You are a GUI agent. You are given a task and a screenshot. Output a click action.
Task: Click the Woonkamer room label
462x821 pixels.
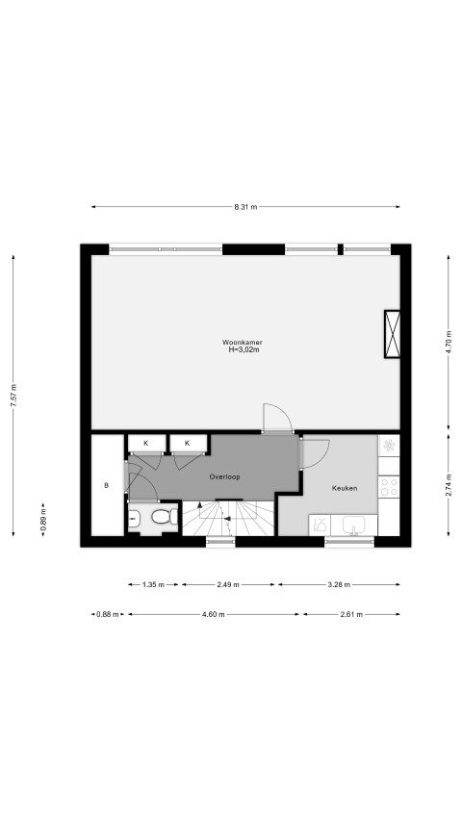[242, 343]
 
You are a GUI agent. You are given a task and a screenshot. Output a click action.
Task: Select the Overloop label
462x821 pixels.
[224, 477]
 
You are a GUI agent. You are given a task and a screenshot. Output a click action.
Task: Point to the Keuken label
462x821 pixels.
[345, 488]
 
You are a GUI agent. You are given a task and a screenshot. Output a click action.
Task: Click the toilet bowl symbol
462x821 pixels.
[165, 517]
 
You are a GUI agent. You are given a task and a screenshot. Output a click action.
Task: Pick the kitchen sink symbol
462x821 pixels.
[354, 526]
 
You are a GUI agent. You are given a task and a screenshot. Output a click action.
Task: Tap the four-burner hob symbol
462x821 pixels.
[389, 486]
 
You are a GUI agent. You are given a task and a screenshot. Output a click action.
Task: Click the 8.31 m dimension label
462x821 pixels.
[245, 207]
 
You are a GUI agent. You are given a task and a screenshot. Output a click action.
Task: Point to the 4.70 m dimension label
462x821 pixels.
[449, 343]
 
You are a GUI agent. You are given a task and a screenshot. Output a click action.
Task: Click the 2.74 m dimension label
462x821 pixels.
[449, 485]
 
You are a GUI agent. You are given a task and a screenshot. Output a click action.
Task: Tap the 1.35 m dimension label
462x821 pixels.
[153, 584]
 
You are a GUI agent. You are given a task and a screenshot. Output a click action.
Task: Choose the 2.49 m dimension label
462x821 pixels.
[228, 584]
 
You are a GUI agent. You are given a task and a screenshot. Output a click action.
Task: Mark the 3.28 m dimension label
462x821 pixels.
[339, 584]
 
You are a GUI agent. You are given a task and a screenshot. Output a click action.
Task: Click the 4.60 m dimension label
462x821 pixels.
[213, 615]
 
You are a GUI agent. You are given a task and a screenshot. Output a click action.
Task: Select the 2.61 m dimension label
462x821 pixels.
[351, 615]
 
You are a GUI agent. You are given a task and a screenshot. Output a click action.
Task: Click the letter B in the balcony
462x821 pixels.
[106, 485]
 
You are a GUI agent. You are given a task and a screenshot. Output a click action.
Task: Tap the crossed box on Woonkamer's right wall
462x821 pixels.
[392, 334]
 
